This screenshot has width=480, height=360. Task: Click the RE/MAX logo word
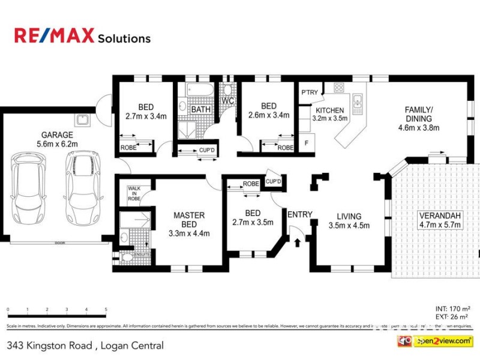54,36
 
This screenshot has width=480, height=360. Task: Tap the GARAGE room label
57,135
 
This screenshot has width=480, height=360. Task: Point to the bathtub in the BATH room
198,91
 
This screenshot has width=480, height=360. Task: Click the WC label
227,101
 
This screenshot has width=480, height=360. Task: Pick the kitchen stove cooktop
339,88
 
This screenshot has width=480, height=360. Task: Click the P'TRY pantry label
310,92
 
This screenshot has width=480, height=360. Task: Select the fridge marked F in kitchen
307,143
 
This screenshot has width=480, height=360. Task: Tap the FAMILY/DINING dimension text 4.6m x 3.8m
419,127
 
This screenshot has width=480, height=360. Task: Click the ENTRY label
299,215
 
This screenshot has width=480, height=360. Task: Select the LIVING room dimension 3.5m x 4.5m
349,226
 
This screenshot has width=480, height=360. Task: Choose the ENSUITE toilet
127,258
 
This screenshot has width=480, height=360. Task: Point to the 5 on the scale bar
106,310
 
